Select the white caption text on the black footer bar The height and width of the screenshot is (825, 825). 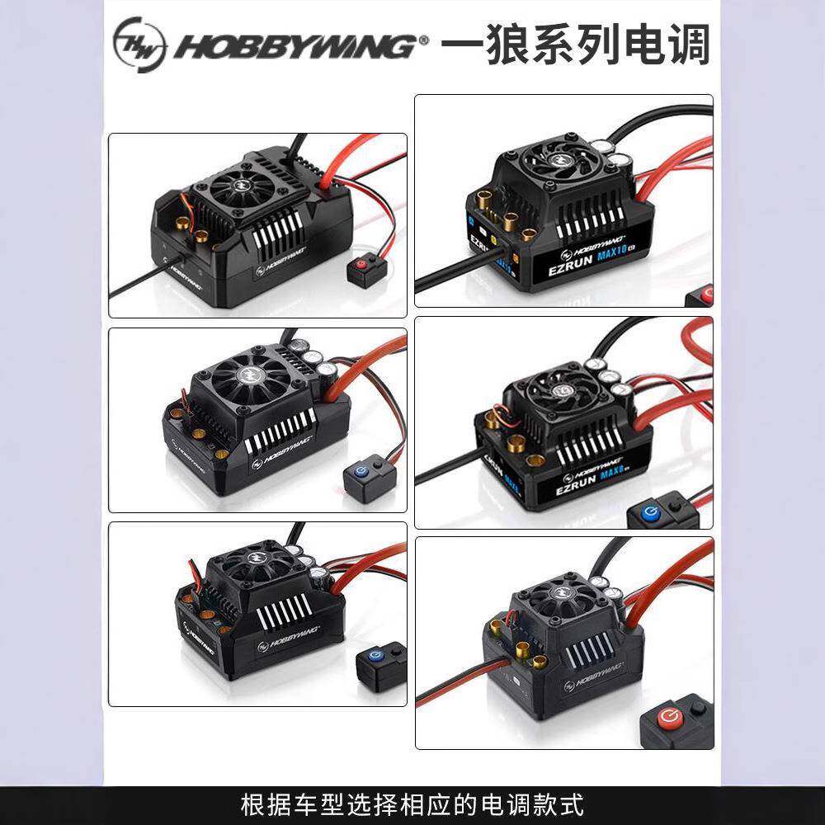coord(412,803)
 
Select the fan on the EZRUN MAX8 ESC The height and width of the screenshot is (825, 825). coord(562,390)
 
